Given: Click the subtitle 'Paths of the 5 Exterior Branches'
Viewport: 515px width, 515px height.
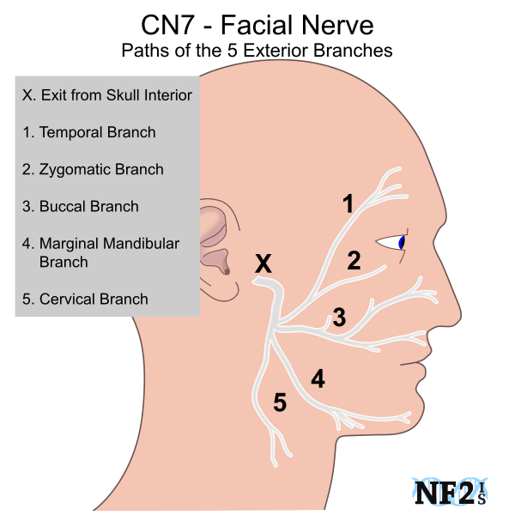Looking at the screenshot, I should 257,50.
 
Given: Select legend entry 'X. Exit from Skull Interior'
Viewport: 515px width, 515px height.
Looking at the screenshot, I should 107,94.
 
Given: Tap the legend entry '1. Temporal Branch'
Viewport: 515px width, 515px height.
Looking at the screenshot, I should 89,132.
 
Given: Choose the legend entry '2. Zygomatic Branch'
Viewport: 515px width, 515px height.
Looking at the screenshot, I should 93,169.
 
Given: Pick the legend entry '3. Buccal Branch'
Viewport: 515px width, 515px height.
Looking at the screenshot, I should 81,206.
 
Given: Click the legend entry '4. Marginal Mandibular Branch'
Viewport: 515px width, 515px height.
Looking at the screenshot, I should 100,252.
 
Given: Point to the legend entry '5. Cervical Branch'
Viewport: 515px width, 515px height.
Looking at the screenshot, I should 85,299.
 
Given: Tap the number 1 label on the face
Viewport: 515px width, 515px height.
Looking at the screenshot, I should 348,204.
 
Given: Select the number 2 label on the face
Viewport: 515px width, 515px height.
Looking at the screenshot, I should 353,261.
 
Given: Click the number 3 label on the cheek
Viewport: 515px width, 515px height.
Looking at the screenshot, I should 339,318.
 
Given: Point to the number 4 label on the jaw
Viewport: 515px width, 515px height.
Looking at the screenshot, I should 318,379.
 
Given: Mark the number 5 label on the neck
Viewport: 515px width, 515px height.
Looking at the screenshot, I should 279,402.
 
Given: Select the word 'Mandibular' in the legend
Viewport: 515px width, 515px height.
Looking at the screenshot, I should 139,243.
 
